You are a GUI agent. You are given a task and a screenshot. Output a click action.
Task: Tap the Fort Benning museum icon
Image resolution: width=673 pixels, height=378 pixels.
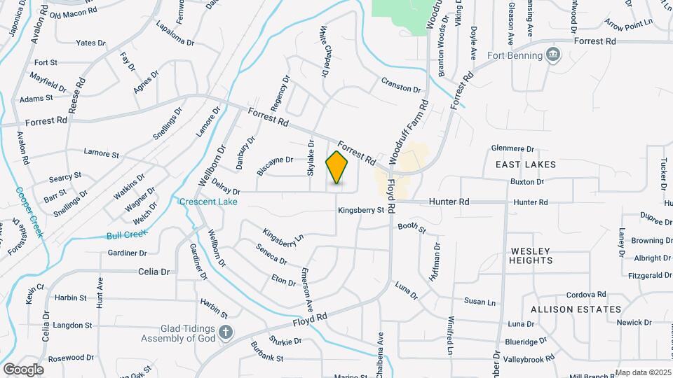[553, 55]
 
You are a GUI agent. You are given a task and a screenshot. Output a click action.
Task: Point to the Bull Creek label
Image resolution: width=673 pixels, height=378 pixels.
[123, 236]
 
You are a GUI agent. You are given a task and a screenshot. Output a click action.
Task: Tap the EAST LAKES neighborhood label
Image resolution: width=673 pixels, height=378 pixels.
[525, 164]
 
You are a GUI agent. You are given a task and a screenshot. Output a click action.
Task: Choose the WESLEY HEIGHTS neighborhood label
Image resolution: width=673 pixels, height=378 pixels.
[531, 255]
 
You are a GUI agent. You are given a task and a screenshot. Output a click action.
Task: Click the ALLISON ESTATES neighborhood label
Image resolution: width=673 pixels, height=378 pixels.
[576, 309]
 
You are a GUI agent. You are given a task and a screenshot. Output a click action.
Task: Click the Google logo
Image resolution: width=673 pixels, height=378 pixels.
[23, 369]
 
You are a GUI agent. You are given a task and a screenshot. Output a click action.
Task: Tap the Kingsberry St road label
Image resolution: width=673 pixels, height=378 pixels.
[361, 209]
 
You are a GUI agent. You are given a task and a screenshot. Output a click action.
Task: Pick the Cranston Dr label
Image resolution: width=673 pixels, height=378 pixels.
[401, 90]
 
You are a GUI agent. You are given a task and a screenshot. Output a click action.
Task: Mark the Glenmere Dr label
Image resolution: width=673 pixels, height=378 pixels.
[512, 148]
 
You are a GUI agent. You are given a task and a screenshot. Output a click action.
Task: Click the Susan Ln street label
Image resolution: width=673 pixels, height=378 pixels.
[480, 302]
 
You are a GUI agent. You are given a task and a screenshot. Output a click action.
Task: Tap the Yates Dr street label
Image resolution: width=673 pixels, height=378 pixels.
[90, 43]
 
